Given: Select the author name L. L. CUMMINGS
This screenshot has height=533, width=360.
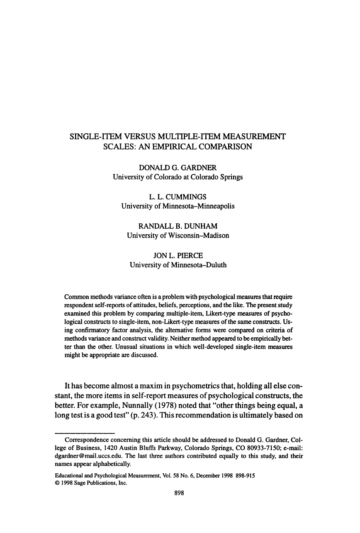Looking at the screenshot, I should pos(178,196).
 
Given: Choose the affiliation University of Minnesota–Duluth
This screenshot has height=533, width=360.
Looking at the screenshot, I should pos(178,265).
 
